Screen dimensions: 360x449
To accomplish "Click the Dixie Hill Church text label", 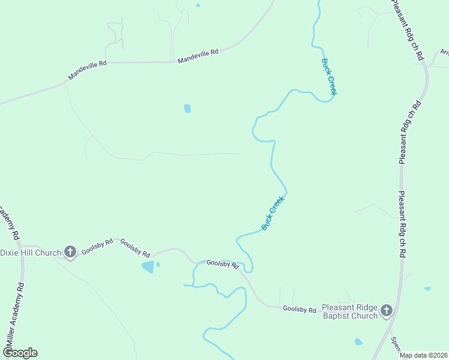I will click(x=31, y=253).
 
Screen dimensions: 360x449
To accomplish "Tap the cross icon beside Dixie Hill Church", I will click(x=70, y=253).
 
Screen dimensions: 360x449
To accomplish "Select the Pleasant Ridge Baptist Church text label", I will click(x=350, y=311).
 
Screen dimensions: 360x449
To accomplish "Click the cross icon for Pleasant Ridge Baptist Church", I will click(x=387, y=311).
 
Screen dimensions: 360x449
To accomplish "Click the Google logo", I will click(x=19, y=353).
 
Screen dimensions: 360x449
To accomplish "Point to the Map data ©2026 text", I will click(x=423, y=355).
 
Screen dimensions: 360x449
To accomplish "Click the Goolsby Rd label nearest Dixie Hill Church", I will click(x=97, y=247).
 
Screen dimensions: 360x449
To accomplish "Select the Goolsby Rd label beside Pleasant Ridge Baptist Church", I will click(x=300, y=310).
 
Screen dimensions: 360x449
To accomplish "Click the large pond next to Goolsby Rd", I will click(x=147, y=267).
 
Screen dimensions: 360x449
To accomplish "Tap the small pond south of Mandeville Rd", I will click(x=187, y=109).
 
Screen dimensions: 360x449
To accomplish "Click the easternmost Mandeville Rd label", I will click(x=198, y=56).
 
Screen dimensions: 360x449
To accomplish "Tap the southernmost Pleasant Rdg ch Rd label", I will click(x=400, y=225).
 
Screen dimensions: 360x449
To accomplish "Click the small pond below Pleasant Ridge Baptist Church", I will click(x=358, y=342).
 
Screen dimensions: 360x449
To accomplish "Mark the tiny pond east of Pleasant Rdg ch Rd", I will click(x=427, y=289).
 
